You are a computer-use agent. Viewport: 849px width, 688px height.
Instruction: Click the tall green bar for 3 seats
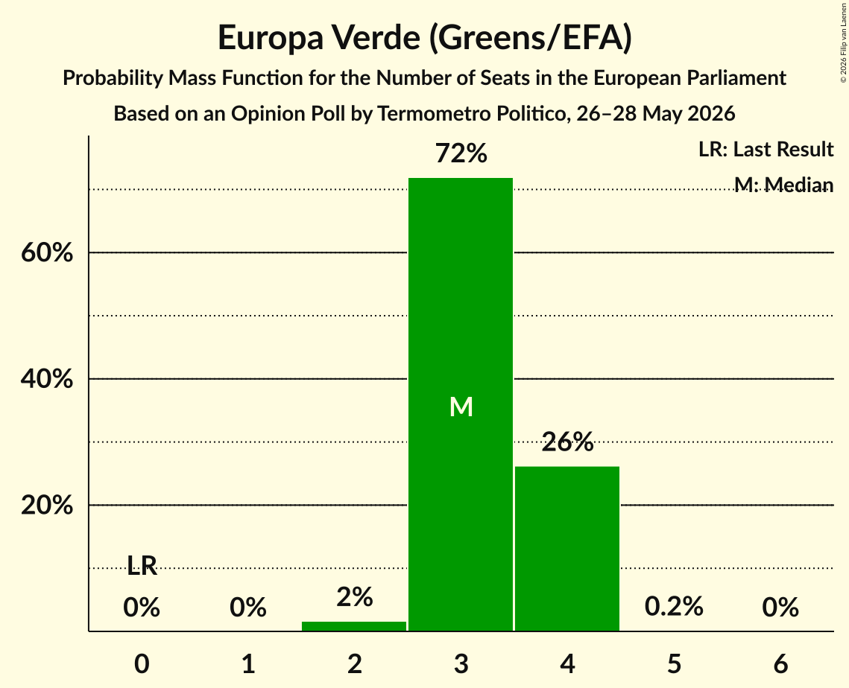pyautogui.click(x=460, y=404)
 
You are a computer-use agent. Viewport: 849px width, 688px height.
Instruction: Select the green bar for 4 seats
pyautogui.click(x=567, y=549)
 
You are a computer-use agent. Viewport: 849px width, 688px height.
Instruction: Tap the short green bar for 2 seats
pyautogui.click(x=354, y=626)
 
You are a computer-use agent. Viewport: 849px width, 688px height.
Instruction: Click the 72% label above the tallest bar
pyautogui.click(x=461, y=153)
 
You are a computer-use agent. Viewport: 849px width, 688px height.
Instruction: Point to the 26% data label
pyautogui.click(x=567, y=442)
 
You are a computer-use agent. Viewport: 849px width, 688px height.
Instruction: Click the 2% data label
pyautogui.click(x=355, y=597)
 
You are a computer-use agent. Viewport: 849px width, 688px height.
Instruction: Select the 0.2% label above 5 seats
pyautogui.click(x=674, y=606)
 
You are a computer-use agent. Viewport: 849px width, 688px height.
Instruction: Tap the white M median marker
pyautogui.click(x=461, y=407)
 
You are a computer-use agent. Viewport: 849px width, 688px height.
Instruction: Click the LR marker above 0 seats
pyautogui.click(x=142, y=566)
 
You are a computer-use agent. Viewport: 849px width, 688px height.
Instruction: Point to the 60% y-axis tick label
pyautogui.click(x=47, y=252)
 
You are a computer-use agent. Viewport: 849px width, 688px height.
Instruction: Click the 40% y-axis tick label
pyautogui.click(x=47, y=379)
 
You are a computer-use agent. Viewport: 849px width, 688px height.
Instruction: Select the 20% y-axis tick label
pyautogui.click(x=47, y=505)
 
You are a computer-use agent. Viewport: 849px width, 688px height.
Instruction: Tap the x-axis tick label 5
pyautogui.click(x=674, y=663)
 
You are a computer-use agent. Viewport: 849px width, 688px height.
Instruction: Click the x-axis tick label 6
pyautogui.click(x=780, y=663)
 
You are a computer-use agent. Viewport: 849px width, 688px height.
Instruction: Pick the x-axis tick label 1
pyautogui.click(x=248, y=663)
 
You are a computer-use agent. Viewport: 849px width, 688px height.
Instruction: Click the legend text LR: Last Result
pyautogui.click(x=766, y=149)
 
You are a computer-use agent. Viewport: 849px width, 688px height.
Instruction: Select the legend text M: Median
pyautogui.click(x=783, y=185)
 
